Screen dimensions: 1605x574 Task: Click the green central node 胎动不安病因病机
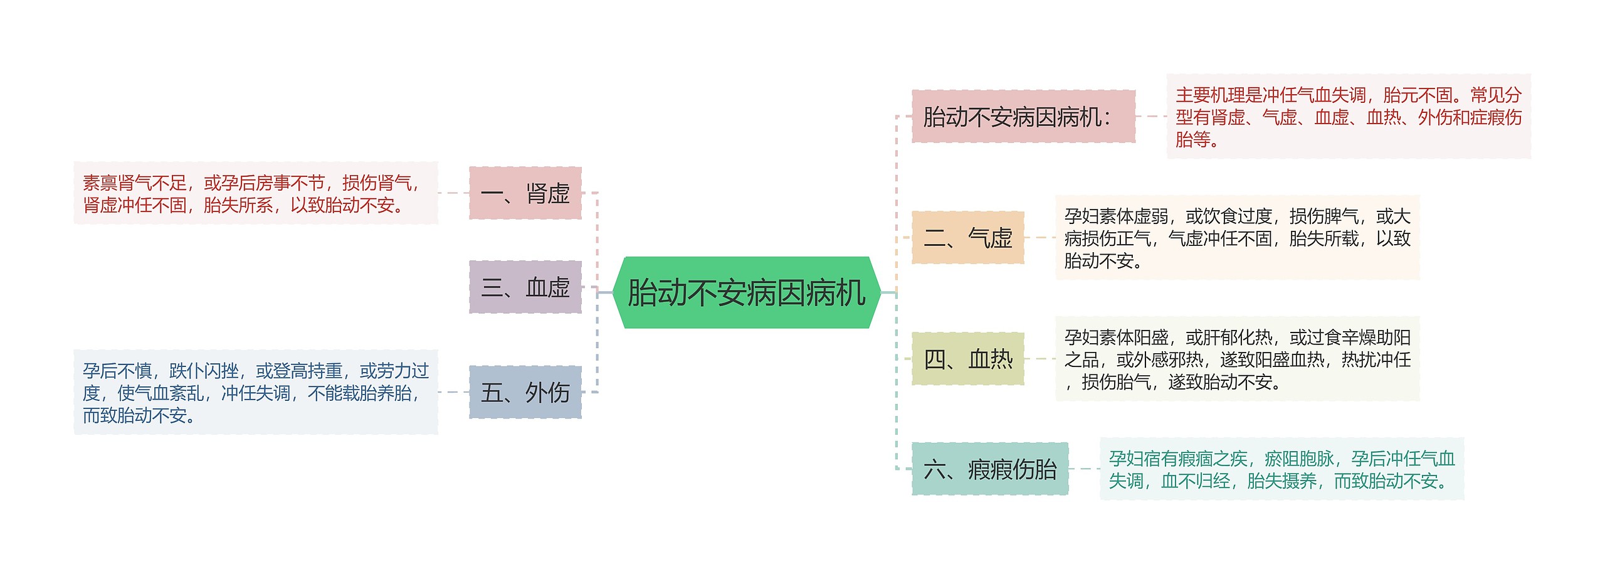coord(746,292)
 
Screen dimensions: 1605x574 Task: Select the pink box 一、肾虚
coord(525,193)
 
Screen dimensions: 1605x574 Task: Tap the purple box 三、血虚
coord(525,287)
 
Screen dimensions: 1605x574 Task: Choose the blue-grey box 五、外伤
coord(525,392)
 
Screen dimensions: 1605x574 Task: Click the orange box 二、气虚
coord(967,238)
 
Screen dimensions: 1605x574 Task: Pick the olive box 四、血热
coord(967,359)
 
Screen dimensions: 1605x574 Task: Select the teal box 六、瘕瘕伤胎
coord(990,469)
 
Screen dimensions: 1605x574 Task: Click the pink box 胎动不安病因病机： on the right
coord(1023,117)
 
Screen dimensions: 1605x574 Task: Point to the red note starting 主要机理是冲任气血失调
coord(1348,117)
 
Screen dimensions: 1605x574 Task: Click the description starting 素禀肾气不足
coord(256,193)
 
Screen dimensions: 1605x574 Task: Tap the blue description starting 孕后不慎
coord(256,392)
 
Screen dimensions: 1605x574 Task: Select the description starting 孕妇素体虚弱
coord(1237,238)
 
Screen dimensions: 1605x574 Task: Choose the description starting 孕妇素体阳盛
coord(1237,359)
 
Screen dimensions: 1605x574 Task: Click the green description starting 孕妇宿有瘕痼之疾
coord(1281,469)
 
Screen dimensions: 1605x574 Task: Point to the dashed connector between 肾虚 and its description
coord(453,193)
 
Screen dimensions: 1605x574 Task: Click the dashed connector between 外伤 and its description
coord(453,392)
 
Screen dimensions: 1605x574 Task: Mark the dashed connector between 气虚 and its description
coord(1039,238)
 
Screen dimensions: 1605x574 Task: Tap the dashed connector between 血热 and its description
coord(1039,359)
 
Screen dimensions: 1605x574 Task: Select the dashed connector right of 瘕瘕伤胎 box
coord(1084,469)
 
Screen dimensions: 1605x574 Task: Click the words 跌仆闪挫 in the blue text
coord(204,371)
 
